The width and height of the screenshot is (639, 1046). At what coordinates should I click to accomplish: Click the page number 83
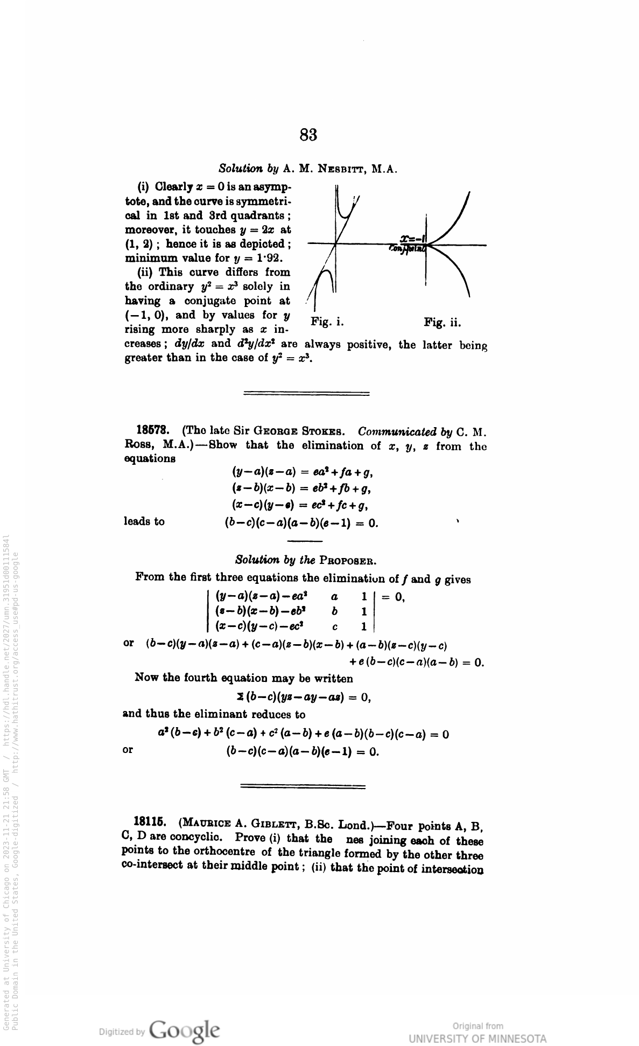pos(308,135)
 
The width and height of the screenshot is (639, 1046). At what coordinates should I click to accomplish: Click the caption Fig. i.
pos(327,322)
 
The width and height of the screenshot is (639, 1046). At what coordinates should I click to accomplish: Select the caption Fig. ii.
pos(443,323)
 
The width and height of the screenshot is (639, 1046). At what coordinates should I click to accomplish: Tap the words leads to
pos(144,521)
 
